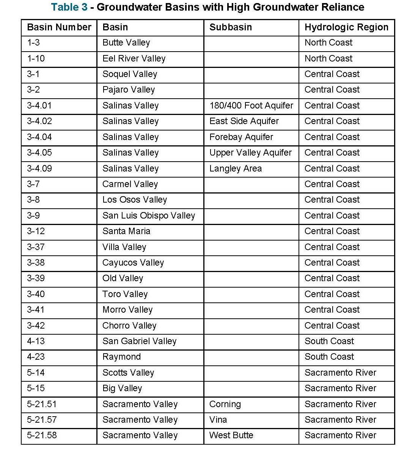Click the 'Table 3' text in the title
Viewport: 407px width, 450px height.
click(69, 7)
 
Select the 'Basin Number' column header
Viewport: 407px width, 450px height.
click(59, 27)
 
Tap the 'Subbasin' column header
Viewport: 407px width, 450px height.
click(231, 27)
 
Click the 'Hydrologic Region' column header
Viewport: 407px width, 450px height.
click(346, 27)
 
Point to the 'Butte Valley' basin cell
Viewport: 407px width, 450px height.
click(126, 43)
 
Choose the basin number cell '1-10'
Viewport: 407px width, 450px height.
click(36, 58)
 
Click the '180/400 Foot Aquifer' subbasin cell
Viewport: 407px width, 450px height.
click(251, 105)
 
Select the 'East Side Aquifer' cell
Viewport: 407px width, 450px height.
click(244, 121)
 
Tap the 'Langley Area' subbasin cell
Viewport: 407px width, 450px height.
click(236, 168)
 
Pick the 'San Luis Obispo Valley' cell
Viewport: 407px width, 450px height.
click(149, 216)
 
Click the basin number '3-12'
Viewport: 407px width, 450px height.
click(36, 231)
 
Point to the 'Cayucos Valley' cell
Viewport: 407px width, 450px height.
click(133, 263)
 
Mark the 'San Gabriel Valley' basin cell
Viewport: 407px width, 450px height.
click(140, 341)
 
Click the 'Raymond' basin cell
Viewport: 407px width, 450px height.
click(122, 357)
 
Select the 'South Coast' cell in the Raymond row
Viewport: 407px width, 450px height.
click(329, 357)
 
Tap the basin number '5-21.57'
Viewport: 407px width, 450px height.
click(42, 420)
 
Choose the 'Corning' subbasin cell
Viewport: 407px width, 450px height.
click(225, 404)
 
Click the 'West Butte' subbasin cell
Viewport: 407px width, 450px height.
click(231, 435)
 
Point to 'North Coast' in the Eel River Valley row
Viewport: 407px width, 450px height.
click(328, 58)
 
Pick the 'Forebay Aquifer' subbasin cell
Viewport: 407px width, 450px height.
click(241, 137)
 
